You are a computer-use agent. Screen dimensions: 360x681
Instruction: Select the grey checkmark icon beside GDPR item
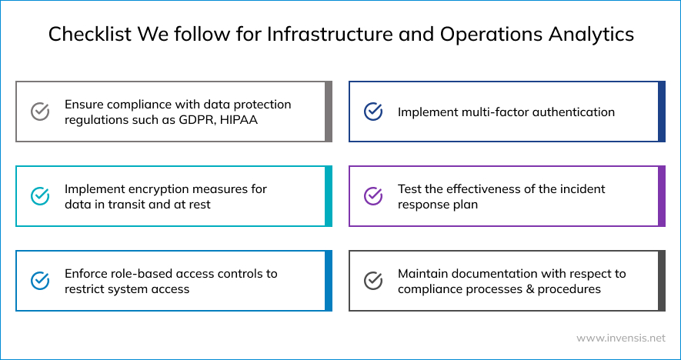pyautogui.click(x=40, y=112)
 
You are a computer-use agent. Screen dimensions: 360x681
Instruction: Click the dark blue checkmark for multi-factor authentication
pyautogui.click(x=373, y=112)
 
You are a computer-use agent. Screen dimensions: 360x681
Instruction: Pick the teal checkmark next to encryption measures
pyautogui.click(x=40, y=196)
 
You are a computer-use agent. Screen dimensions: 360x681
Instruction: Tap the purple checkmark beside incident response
pyautogui.click(x=373, y=196)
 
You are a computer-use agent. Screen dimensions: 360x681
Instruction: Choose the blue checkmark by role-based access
pyautogui.click(x=40, y=281)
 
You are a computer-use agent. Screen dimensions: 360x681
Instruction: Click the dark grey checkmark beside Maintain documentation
pyautogui.click(x=373, y=281)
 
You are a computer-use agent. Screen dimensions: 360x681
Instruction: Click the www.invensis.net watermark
pyautogui.click(x=620, y=338)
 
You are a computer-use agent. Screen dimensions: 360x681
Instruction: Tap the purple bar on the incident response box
pyautogui.click(x=662, y=196)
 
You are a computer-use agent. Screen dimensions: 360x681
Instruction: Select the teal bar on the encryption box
pyautogui.click(x=329, y=196)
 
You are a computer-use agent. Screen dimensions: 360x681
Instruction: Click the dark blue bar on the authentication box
pyautogui.click(x=662, y=112)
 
